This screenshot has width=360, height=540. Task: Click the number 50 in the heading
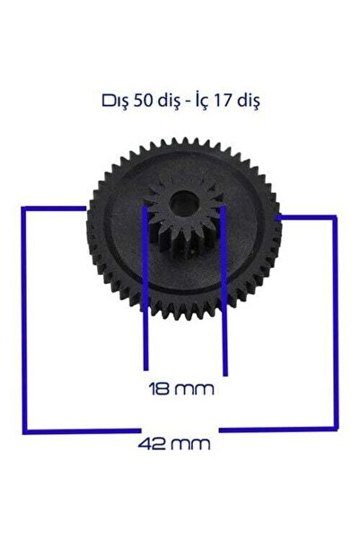click(x=142, y=101)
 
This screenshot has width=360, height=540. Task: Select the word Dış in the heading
click(x=115, y=102)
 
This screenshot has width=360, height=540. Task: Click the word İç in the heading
click(x=202, y=101)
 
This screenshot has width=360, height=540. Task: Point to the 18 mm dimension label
click(x=181, y=389)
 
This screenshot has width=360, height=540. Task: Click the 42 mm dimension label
click(x=174, y=444)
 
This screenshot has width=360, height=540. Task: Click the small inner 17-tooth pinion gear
click(x=185, y=217)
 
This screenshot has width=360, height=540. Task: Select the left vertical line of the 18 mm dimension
click(x=145, y=288)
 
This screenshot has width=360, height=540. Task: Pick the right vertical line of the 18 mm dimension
click(x=224, y=290)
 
